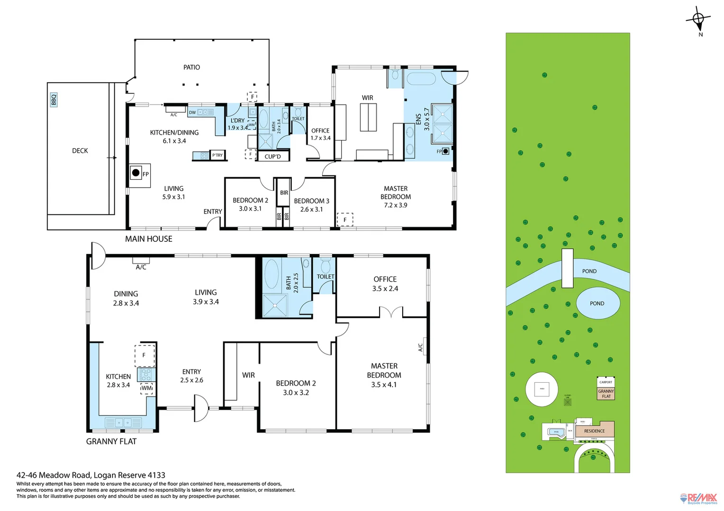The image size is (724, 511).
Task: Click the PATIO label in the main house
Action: (191, 68)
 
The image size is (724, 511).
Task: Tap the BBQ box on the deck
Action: (54, 100)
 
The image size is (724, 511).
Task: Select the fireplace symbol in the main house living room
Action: (136, 173)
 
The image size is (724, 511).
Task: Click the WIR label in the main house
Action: (367, 98)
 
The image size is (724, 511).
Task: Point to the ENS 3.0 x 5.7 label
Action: (423, 119)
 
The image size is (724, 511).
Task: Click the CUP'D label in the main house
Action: (272, 157)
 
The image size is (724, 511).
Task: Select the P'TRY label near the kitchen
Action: (217, 155)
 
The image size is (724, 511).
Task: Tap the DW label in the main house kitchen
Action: (192, 113)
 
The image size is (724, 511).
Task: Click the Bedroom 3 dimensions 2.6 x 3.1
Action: (311, 209)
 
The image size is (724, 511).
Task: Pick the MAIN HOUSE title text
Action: (148, 239)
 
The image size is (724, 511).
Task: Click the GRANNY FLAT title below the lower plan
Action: (111, 441)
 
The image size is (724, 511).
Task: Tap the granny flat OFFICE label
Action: (385, 280)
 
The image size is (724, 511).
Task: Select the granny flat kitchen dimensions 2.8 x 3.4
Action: (118, 385)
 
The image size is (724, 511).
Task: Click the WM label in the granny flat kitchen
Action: (147, 388)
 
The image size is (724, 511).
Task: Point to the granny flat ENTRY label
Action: (191, 372)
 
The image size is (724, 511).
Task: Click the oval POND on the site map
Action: (597, 303)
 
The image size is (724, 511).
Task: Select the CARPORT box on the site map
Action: (606, 382)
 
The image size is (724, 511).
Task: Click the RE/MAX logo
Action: (699, 498)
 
